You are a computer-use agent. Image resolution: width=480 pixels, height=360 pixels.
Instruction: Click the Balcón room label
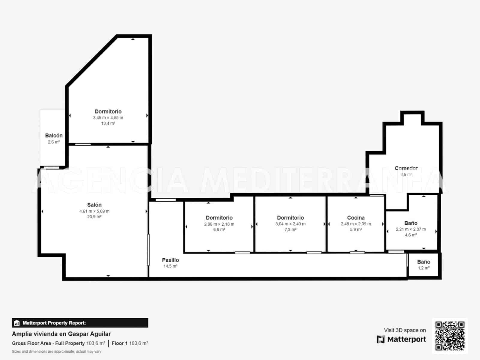(54, 136)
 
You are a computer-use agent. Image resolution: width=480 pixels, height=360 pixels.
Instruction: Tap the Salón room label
(94, 205)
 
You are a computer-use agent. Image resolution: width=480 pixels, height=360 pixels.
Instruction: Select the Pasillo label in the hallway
(170, 260)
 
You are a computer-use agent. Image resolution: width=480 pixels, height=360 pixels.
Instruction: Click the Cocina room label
(356, 218)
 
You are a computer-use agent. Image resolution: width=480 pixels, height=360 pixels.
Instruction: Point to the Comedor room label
(406, 168)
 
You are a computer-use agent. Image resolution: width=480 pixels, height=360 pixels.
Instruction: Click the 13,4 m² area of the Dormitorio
(108, 123)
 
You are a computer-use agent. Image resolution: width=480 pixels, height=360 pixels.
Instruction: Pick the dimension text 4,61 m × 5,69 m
(94, 211)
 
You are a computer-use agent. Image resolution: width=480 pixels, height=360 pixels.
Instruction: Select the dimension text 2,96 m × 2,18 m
(219, 224)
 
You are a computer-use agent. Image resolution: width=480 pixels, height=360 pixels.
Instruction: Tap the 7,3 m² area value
(290, 229)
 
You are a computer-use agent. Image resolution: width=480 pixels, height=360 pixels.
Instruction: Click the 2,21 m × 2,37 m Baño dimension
(411, 229)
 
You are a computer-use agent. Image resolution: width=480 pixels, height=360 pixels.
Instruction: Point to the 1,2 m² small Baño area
(424, 268)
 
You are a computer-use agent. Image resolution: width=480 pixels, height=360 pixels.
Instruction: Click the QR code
(450, 336)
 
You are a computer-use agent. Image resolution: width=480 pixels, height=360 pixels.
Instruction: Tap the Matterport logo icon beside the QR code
(381, 339)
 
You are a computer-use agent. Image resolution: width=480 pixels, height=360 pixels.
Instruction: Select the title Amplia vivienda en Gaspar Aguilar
(61, 334)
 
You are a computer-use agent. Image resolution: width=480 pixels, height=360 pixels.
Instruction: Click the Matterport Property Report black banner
(80, 323)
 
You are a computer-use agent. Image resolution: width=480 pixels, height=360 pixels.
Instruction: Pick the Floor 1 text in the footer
(119, 343)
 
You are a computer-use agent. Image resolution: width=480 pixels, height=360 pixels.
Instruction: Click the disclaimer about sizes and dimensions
(56, 352)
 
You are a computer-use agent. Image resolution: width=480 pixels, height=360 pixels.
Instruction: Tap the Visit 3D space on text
(405, 330)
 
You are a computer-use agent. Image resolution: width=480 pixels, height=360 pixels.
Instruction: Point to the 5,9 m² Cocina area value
(356, 229)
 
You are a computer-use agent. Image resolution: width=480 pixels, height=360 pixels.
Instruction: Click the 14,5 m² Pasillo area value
(170, 266)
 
